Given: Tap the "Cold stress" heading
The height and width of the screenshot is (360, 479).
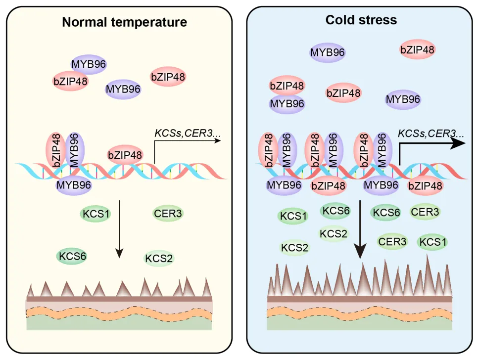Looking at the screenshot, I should pyautogui.click(x=361, y=20).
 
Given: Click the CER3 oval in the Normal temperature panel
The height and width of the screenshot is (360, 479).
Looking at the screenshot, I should pyautogui.click(x=168, y=214).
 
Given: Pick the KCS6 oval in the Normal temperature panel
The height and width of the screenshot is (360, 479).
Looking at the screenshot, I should pyautogui.click(x=73, y=256).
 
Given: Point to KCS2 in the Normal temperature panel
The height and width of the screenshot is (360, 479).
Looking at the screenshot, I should pyautogui.click(x=159, y=258).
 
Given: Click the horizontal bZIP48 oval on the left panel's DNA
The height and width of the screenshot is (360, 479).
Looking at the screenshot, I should pyautogui.click(x=125, y=155).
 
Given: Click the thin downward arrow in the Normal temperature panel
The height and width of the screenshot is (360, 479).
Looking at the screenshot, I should pyautogui.click(x=119, y=227).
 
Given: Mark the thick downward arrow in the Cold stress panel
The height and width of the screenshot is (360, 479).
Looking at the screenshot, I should pyautogui.click(x=361, y=227).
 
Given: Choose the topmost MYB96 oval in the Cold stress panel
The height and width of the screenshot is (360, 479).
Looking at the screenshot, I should pyautogui.click(x=327, y=52).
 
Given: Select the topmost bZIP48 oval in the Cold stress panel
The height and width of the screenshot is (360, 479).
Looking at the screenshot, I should pyautogui.click(x=417, y=49).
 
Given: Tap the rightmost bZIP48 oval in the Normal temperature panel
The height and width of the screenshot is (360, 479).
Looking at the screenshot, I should pyautogui.click(x=168, y=77).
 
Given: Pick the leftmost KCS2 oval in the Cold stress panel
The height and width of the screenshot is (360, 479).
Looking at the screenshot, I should pyautogui.click(x=295, y=247).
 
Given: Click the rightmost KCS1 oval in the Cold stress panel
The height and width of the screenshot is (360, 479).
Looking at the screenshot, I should pyautogui.click(x=433, y=242).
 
